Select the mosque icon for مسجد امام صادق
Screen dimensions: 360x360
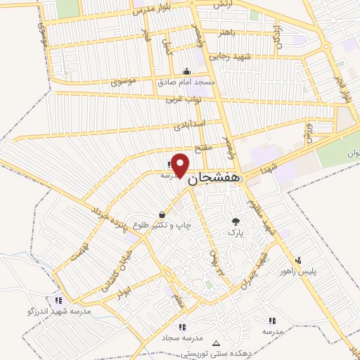tap(186, 70)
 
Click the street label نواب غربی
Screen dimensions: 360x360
tap(184, 100)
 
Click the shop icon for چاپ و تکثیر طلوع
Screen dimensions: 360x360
tap(162, 214)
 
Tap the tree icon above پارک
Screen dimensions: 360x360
tap(235, 221)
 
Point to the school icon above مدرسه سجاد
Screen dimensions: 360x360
tap(182, 326)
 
